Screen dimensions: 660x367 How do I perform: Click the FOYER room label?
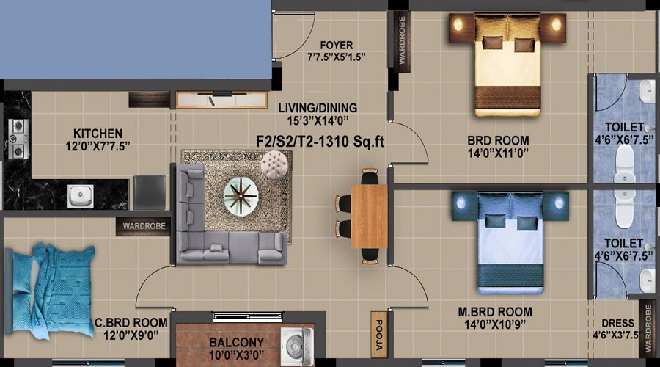click(x=337, y=45)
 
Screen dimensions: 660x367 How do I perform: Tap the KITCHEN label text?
click(x=98, y=134)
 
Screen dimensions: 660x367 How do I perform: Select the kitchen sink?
click(x=81, y=196)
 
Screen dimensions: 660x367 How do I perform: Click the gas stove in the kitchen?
click(x=19, y=139)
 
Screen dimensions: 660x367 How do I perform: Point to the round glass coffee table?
click(x=241, y=197)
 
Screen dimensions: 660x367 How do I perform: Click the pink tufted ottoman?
click(x=274, y=164)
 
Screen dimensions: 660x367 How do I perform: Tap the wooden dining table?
click(x=369, y=216)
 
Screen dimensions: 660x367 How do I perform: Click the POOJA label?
click(x=378, y=335)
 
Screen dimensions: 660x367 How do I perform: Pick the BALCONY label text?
click(x=237, y=343)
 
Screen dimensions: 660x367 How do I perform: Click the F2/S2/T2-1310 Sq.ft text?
click(x=320, y=142)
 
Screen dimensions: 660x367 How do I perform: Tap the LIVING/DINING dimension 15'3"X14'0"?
click(x=318, y=121)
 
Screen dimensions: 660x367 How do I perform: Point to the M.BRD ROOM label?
click(x=495, y=312)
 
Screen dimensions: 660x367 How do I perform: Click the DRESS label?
click(x=617, y=323)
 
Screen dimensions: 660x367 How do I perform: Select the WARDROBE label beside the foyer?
click(x=402, y=40)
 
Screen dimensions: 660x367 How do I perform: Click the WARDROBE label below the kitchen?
click(x=144, y=226)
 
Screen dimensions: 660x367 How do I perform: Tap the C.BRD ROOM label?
click(x=131, y=323)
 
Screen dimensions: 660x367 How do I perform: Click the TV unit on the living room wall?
click(x=221, y=100)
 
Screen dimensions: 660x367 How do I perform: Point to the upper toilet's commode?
click(x=625, y=164)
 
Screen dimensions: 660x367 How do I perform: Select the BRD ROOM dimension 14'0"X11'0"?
click(x=498, y=153)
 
